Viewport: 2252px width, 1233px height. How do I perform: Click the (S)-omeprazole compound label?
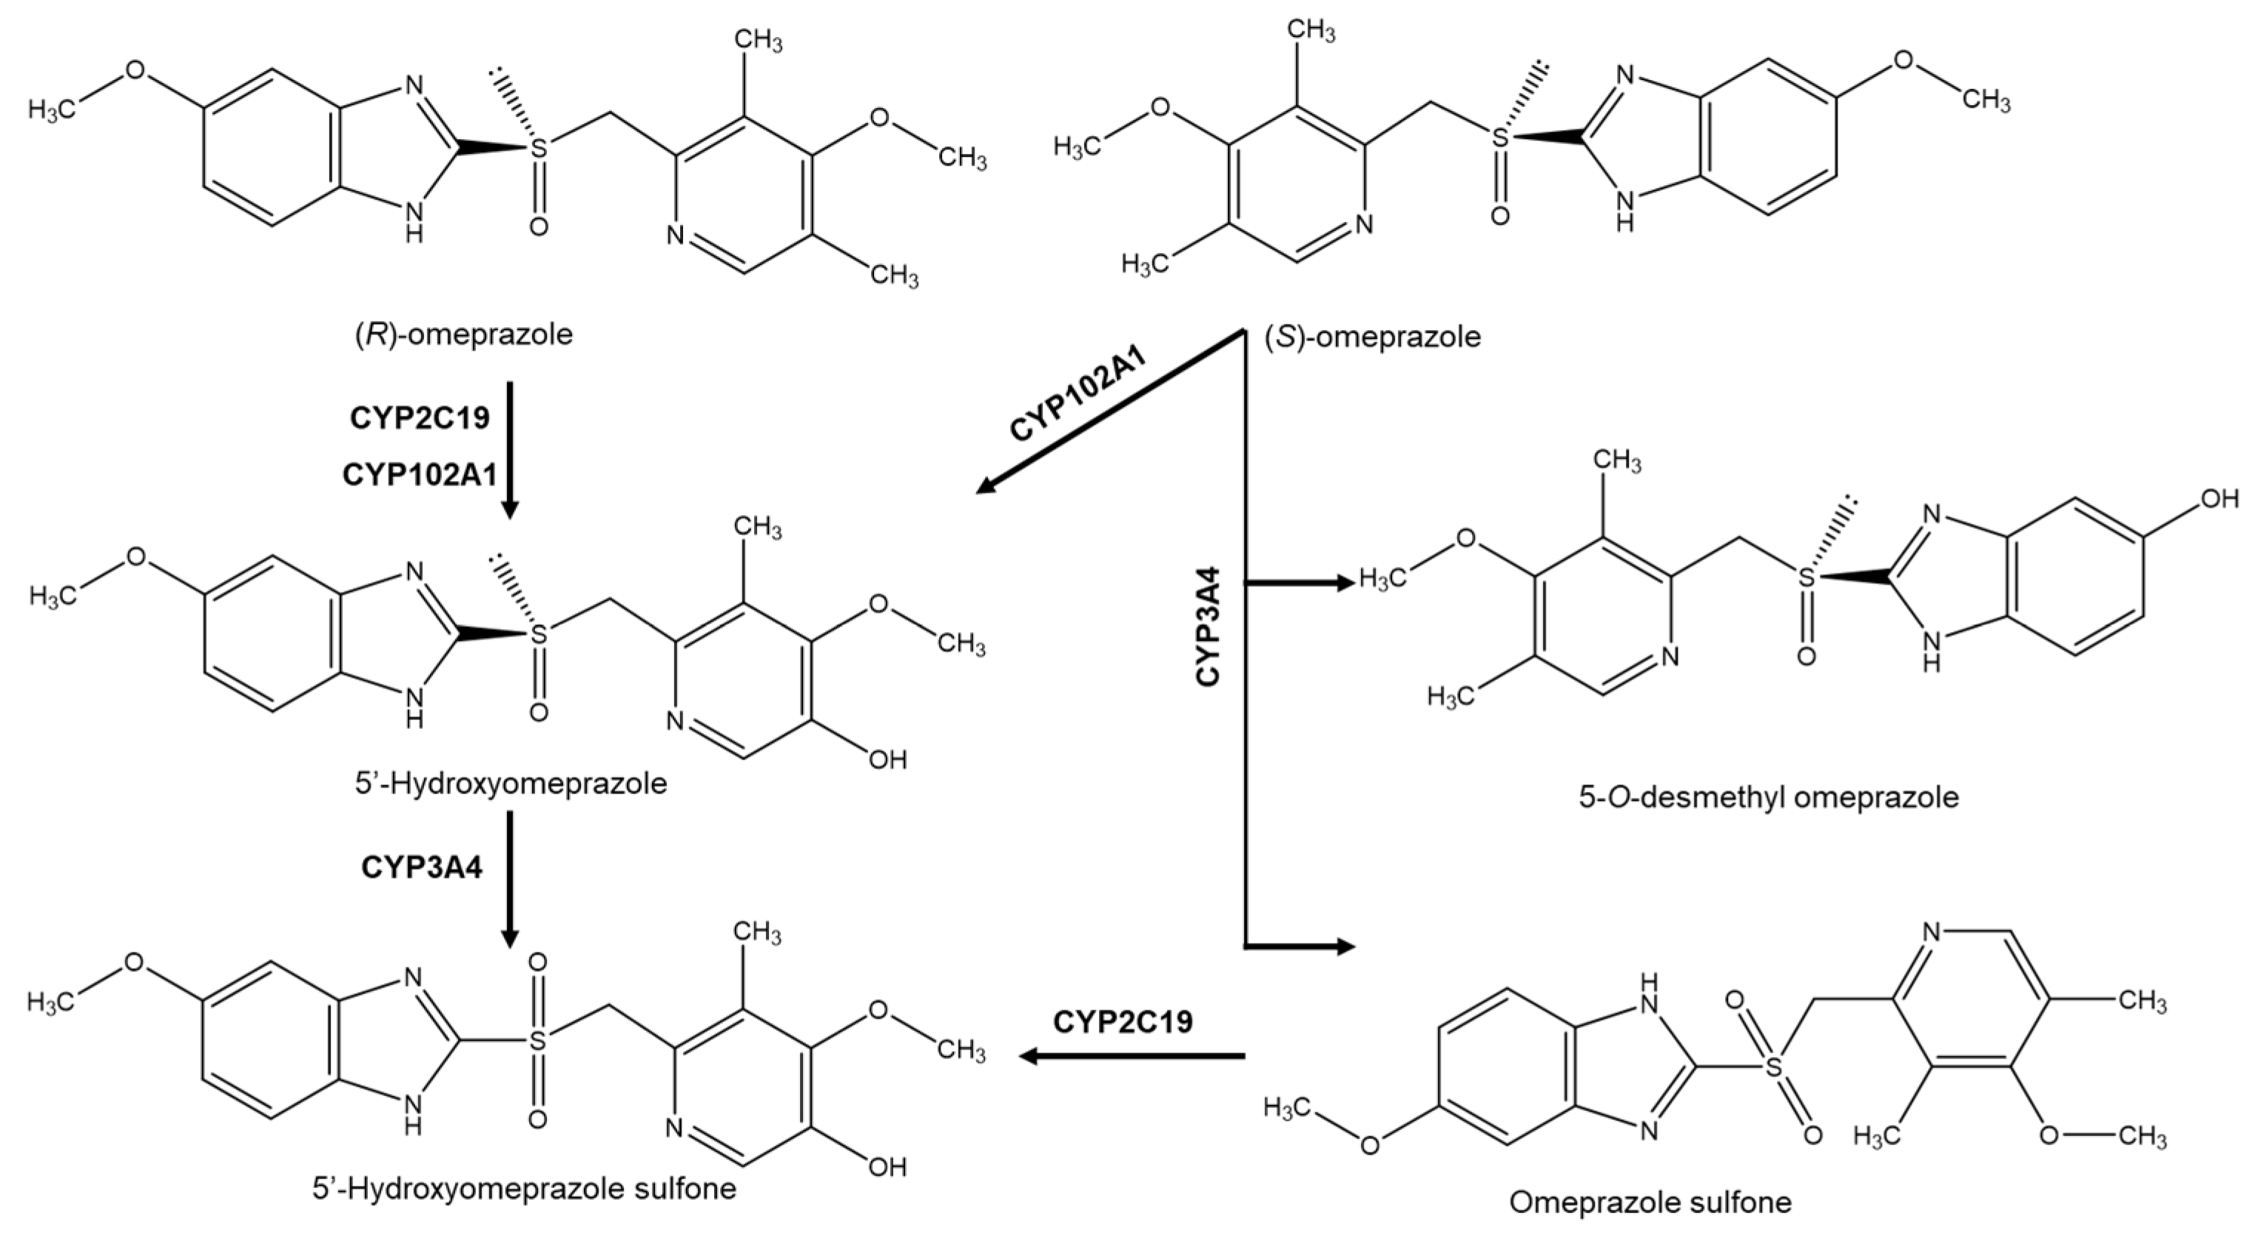(x=1373, y=337)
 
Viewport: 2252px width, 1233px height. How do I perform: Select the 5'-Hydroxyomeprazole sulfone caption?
(x=525, y=1189)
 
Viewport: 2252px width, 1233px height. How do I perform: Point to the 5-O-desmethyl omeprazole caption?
(x=1769, y=798)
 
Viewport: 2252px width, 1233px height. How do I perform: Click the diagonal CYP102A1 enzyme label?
(x=1078, y=395)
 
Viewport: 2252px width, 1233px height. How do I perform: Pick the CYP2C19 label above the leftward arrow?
(x=1123, y=1021)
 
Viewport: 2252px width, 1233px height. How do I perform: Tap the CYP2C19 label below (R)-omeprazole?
(x=420, y=418)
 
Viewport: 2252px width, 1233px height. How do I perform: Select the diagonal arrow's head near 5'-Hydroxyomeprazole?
(x=985, y=486)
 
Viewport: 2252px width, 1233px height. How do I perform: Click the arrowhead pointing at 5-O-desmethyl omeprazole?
(x=1345, y=582)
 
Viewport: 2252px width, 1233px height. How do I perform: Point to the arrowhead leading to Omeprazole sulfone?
(x=1345, y=946)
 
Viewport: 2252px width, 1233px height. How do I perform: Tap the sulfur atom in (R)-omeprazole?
(x=540, y=149)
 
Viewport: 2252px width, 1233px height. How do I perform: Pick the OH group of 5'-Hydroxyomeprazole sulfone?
(x=887, y=1166)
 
